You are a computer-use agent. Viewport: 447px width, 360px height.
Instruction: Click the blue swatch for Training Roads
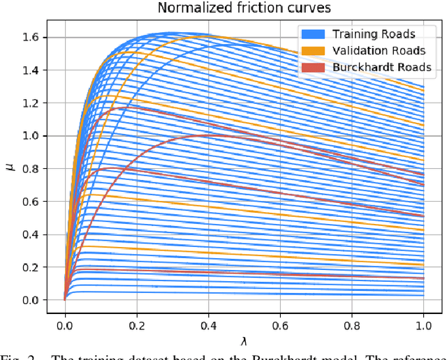(312, 33)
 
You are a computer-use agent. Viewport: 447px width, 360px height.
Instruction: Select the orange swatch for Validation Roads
(312, 50)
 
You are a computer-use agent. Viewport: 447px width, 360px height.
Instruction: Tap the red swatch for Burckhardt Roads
(312, 67)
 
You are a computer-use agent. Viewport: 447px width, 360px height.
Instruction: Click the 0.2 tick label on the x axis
(137, 325)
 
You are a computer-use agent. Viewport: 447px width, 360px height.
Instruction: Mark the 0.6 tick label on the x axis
(281, 325)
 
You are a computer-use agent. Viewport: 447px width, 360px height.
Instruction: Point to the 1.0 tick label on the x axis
(424, 325)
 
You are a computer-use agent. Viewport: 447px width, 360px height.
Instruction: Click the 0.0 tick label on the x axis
(65, 325)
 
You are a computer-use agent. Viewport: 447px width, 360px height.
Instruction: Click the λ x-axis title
(244, 341)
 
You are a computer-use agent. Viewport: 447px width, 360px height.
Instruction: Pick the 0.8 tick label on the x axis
(352, 325)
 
